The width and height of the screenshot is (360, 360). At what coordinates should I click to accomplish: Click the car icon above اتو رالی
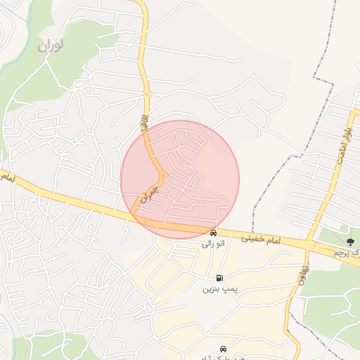coord(213,233)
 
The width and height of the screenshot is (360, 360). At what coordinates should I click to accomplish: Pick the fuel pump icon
coord(220,278)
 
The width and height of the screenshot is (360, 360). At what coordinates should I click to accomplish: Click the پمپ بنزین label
coord(217,289)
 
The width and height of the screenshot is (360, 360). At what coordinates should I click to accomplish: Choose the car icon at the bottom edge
coord(224,349)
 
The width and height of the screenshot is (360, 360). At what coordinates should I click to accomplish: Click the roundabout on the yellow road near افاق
coord(147,94)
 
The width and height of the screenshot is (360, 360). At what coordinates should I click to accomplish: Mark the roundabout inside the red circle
coord(163,176)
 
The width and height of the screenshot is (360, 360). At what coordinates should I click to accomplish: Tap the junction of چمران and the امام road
coord(134,214)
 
